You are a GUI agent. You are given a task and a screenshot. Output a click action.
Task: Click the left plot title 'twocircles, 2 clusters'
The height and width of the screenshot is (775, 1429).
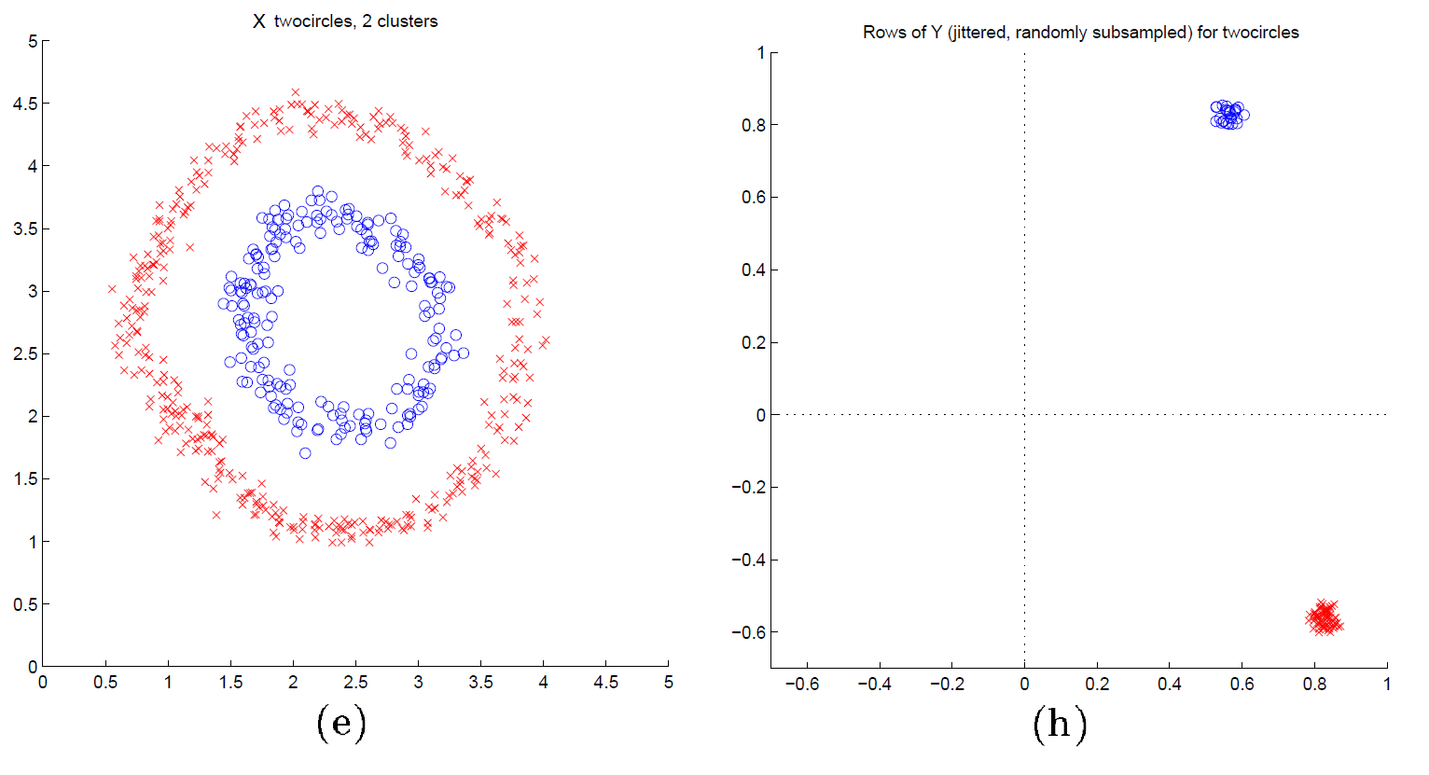coord(355,21)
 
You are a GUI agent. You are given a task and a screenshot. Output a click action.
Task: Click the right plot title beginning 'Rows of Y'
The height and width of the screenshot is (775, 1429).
coord(1080,33)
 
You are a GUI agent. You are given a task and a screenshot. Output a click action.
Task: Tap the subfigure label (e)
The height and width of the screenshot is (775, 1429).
coord(340,723)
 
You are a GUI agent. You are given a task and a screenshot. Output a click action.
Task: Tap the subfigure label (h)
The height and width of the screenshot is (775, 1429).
coord(1060,724)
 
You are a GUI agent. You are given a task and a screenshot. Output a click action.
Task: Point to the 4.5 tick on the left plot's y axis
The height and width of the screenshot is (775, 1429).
coord(25,104)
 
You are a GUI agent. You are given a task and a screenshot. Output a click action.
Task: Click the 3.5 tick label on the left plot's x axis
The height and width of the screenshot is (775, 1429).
coord(480,683)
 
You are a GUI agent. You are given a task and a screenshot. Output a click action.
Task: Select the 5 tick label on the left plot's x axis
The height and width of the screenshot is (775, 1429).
coord(668,683)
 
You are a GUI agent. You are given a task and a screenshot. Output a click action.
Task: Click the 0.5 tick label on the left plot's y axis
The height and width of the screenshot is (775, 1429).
coord(25,604)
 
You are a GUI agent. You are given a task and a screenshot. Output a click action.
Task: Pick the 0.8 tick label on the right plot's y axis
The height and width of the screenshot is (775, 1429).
coord(753,125)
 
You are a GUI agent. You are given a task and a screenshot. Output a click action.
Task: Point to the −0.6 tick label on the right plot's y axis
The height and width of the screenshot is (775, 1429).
coord(747,632)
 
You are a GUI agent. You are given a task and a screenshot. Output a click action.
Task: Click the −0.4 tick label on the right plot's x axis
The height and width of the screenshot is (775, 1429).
coord(874,685)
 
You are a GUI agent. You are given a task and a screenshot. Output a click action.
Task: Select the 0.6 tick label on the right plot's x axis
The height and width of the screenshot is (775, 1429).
coord(1242,685)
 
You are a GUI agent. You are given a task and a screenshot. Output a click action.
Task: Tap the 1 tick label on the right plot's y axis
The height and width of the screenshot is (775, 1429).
coord(761,53)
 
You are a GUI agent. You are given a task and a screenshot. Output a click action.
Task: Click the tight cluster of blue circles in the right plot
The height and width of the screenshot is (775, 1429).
coord(1229,115)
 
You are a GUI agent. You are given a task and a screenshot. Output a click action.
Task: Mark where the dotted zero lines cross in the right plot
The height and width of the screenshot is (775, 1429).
coord(1024,415)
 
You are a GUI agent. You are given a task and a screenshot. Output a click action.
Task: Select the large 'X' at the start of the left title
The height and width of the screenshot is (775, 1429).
coord(259,21)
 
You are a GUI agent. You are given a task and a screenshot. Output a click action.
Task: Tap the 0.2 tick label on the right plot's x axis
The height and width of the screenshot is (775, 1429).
coord(1097,685)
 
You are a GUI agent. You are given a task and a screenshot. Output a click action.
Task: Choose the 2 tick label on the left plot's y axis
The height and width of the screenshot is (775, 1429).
coord(33,416)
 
